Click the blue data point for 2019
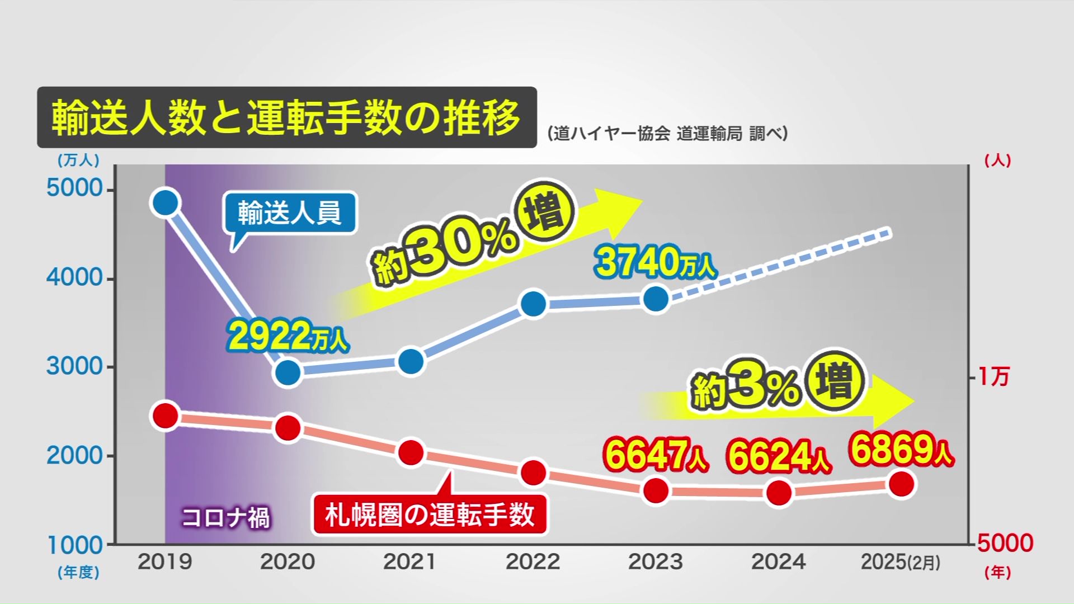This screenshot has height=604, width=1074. pyautogui.click(x=165, y=202)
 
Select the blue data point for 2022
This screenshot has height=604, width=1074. pyautogui.click(x=533, y=304)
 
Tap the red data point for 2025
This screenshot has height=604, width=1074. pyautogui.click(x=901, y=484)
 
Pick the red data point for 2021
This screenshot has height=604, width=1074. pyautogui.click(x=411, y=452)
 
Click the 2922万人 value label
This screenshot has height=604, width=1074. pyautogui.click(x=288, y=336)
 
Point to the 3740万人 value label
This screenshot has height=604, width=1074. pyautogui.click(x=656, y=262)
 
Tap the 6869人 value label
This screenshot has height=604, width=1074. pyautogui.click(x=901, y=449)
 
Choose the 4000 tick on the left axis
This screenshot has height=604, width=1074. pyautogui.click(x=74, y=278)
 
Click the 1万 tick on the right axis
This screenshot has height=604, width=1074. pyautogui.click(x=993, y=377)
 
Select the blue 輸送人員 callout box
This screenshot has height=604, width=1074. pyautogui.click(x=289, y=213)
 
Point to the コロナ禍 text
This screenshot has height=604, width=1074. pyautogui.click(x=225, y=517)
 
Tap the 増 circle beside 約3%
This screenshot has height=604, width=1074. pyautogui.click(x=835, y=381)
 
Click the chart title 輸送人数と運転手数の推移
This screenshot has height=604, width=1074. pyautogui.click(x=286, y=117)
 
